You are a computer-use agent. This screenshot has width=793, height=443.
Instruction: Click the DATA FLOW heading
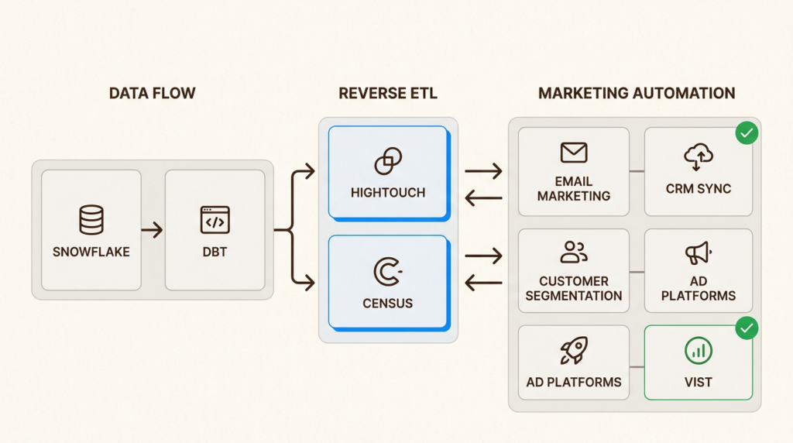[x=152, y=94]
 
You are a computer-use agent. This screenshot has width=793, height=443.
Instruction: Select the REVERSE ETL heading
[x=388, y=94]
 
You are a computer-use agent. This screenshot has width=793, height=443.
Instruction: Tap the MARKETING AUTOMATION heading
[x=637, y=94]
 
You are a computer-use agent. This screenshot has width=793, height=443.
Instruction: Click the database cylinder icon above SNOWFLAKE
[x=91, y=220]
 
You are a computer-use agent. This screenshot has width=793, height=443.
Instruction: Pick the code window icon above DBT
[x=215, y=220]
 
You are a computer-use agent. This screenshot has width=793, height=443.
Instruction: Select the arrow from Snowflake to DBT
[x=153, y=230]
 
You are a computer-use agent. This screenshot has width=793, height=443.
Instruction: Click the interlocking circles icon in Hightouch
[x=388, y=161]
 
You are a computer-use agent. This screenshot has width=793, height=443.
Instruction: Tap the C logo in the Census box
[x=386, y=272]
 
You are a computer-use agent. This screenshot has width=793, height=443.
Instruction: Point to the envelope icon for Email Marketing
[x=574, y=153]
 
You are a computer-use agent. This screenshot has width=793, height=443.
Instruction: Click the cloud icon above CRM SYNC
[x=698, y=157]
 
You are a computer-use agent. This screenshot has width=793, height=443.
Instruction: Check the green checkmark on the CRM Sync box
[x=747, y=133]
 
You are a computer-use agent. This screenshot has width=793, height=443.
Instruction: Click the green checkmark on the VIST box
[x=747, y=328]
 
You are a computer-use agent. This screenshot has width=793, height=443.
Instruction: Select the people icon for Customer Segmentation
[x=574, y=252]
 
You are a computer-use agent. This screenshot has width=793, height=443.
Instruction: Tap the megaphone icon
[x=698, y=252]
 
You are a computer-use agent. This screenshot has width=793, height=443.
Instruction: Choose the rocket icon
[x=574, y=351]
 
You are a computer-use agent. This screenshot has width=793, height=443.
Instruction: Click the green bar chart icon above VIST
[x=698, y=351]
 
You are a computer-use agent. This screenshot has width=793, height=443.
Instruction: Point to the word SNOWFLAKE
[x=91, y=252]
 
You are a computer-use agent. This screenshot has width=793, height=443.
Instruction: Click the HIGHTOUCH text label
[x=388, y=192]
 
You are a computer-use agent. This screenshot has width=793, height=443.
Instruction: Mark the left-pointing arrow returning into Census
[x=483, y=283]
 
